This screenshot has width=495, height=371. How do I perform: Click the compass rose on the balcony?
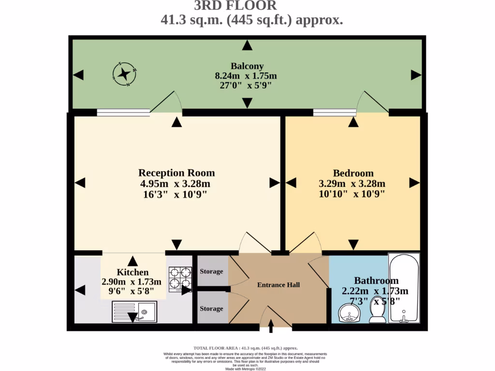[x=124, y=74]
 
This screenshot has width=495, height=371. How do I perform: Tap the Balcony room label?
[x=247, y=66]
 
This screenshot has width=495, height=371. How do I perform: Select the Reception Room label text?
[x=176, y=173]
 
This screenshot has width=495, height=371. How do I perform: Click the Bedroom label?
[x=353, y=173]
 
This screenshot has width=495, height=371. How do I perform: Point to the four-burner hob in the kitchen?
[x=180, y=279]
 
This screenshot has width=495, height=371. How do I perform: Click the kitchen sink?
[x=134, y=312]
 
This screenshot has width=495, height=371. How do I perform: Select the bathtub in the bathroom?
[x=405, y=289]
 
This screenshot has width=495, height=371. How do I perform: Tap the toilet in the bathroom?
[x=377, y=314]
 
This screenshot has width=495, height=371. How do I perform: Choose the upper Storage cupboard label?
[x=211, y=271]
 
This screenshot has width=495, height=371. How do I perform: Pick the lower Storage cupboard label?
[x=211, y=309]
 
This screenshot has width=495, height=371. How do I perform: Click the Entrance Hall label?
[x=278, y=285]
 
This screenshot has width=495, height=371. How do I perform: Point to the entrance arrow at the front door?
[x=270, y=328]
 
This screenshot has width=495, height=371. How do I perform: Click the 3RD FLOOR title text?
[x=235, y=6]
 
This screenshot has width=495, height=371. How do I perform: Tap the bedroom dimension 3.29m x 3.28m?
[x=352, y=184]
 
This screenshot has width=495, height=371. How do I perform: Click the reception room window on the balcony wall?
[x=123, y=113]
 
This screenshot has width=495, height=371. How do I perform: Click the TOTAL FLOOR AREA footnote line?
[x=246, y=348]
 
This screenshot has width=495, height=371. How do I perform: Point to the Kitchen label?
[x=132, y=272]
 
